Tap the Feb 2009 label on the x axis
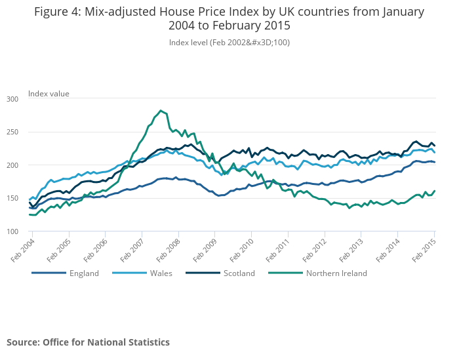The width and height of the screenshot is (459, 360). (204, 249)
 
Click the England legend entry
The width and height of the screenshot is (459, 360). (84, 273)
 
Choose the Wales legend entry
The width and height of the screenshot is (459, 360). (160, 273)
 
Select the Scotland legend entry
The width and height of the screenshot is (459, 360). (239, 273)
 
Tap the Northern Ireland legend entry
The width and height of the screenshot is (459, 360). (336, 273)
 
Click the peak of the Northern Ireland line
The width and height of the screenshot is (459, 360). (161, 111)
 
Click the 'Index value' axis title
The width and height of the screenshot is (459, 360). (49, 94)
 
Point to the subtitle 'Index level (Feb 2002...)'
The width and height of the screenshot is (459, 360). (229, 43)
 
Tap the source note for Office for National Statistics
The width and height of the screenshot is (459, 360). (88, 342)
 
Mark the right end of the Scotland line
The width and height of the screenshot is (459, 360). (435, 146)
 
